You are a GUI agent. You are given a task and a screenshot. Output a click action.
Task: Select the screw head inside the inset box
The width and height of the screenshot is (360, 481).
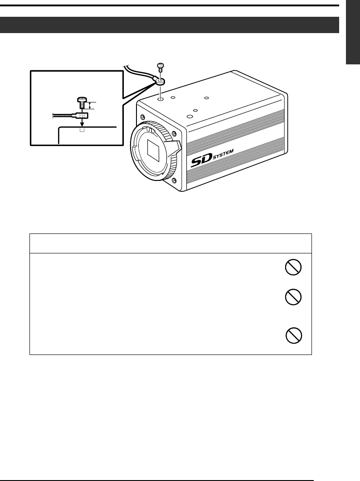82,100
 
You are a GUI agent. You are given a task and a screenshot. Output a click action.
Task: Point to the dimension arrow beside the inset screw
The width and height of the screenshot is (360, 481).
90,106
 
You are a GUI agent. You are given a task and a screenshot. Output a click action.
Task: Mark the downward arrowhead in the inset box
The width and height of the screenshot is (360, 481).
82,122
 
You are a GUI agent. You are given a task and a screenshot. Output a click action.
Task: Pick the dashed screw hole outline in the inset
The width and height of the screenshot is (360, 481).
82,131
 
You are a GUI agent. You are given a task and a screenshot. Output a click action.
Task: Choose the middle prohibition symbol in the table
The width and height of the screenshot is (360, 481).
292,297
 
